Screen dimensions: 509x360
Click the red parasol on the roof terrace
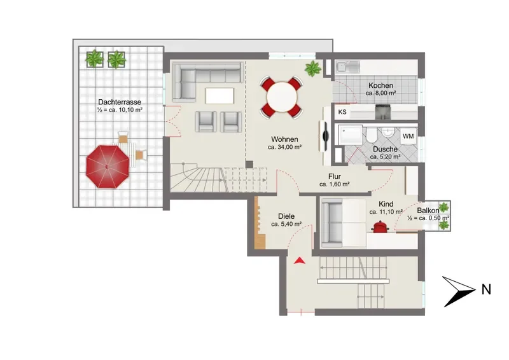108,167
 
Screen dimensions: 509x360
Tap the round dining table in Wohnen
282,97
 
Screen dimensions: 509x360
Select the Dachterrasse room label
120,102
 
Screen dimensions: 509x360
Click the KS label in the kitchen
342,112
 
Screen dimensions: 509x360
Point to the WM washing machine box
408,136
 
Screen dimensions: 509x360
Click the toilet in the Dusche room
372,135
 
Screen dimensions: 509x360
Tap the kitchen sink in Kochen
347,67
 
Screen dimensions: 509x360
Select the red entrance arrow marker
299,260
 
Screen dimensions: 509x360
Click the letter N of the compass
486,289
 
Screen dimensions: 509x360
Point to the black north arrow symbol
458,291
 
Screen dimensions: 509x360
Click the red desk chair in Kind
380,226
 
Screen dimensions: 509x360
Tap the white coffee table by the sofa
220,96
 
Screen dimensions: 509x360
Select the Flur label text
335,177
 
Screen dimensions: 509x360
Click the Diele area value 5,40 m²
286,224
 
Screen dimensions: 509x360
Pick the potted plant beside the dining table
313,69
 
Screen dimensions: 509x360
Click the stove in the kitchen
383,112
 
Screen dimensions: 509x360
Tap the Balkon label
428,211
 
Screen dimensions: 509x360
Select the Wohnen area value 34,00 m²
284,147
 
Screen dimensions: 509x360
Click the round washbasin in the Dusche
388,132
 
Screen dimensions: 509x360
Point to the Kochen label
380,85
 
